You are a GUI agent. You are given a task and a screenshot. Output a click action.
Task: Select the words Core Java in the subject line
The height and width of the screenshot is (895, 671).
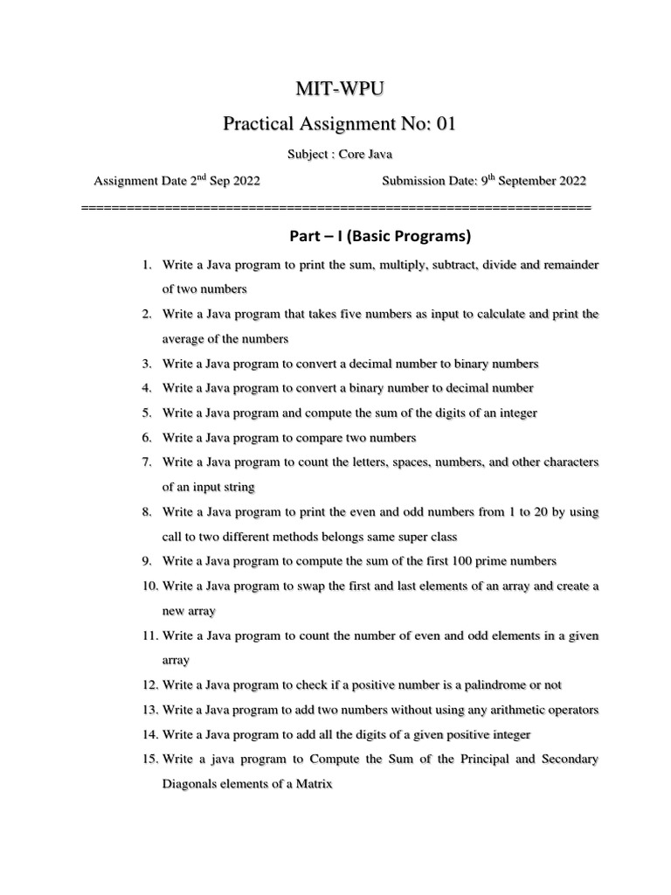(366, 155)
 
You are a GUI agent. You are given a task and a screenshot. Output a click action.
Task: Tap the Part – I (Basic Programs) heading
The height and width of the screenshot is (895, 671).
(379, 236)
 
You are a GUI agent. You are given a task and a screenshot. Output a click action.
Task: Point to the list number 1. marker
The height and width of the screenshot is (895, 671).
(146, 264)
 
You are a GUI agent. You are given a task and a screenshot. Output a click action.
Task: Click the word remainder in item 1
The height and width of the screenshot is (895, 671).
(566, 264)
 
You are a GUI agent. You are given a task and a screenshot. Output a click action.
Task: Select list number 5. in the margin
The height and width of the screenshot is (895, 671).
(146, 413)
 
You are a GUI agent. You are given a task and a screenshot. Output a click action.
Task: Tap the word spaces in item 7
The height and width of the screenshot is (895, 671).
(403, 461)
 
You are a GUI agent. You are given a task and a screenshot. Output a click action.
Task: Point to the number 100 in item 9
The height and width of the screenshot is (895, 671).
(439, 560)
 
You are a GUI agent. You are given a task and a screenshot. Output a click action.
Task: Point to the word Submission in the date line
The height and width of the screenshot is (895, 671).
(414, 182)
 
